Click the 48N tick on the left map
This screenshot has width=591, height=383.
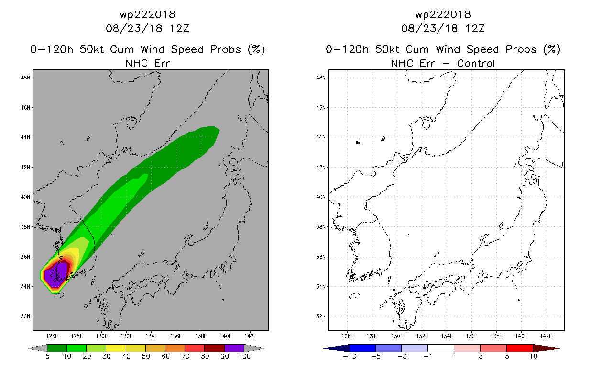tap(26, 78)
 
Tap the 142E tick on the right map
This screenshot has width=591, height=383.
tap(546, 336)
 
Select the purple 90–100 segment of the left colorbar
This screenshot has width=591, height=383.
tap(234, 348)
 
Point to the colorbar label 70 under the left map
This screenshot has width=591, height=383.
tap(185, 356)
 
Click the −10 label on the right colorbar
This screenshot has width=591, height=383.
tap(349, 356)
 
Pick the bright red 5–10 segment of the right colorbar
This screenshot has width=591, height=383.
tap(519, 348)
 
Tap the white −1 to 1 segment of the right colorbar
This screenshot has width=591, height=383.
tap(441, 348)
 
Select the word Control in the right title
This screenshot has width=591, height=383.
tap(476, 63)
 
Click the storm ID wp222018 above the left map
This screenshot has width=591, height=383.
tap(147, 14)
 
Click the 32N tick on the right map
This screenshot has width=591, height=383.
tap(321, 316)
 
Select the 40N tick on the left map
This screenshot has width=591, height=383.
tap(26, 197)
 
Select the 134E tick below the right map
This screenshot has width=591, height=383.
tap(447, 336)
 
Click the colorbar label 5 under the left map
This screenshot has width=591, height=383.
tap(47, 356)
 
